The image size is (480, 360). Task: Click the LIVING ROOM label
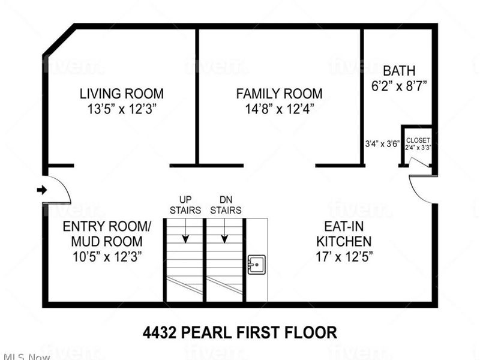pos(122,94)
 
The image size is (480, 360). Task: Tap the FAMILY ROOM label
pos(279,94)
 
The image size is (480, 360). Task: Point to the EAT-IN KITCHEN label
pos(344,235)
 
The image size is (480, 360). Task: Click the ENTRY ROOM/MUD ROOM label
pos(107,234)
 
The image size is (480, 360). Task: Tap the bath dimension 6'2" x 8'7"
pos(399,86)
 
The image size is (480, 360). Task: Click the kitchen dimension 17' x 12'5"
pos(344,257)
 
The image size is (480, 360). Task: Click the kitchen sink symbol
pos(256,264)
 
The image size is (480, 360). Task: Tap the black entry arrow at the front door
pos(42,190)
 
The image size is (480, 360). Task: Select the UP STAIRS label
pos(185,205)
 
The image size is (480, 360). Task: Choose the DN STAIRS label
pos(226,205)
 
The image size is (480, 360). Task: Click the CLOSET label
pos(418,140)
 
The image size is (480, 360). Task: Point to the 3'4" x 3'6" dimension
pos(382,144)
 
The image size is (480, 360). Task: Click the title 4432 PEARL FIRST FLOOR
pos(239,332)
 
